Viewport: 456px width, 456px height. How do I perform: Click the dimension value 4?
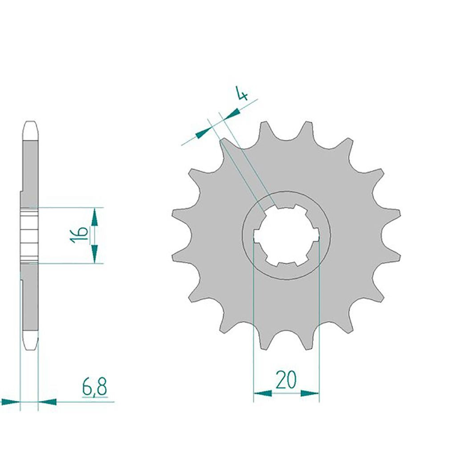pyautogui.click(x=242, y=93)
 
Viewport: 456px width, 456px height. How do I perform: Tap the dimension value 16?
pyautogui.click(x=79, y=234)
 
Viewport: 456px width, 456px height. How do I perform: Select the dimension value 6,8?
pyautogui.click(x=94, y=387)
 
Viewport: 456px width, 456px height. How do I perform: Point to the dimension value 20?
pyautogui.click(x=286, y=380)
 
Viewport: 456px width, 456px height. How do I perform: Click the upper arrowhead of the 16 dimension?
pyautogui.click(x=94, y=217)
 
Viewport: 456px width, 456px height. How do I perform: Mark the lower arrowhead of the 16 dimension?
pyautogui.click(x=94, y=254)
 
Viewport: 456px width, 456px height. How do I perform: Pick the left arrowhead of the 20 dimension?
pyautogui.click(x=263, y=394)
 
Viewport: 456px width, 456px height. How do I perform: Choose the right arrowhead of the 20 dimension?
pyautogui.click(x=310, y=394)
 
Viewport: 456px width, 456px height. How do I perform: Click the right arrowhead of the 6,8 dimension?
pyautogui.click(x=47, y=402)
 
